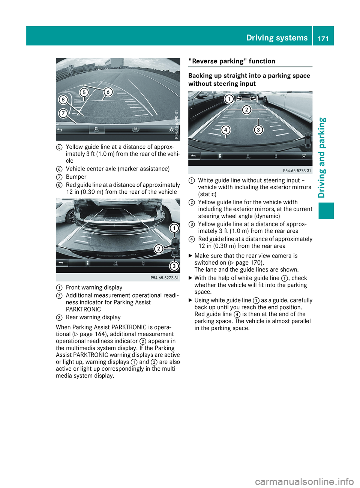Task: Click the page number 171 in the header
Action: tap(323, 38)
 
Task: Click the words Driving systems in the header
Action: tap(277, 38)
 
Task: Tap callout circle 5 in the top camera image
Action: tap(84, 93)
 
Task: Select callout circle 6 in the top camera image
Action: tap(108, 92)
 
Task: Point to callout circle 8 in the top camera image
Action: tap(63, 100)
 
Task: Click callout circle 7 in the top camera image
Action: tap(63, 113)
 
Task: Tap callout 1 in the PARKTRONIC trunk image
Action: tap(174, 228)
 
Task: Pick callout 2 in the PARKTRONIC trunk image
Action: tap(159, 248)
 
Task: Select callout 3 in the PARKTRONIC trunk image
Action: tap(174, 266)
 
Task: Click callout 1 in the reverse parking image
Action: tap(229, 99)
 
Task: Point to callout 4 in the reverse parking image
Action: tap(225, 130)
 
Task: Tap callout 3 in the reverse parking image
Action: tap(258, 130)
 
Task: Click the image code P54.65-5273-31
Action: tap(297, 171)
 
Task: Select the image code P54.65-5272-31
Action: tap(165, 278)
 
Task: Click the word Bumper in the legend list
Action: tap(76, 177)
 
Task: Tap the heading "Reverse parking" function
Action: tap(232, 61)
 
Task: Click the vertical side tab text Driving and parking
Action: tap(322, 157)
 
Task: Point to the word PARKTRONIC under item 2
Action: tap(83, 310)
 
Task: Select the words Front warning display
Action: tap(94, 287)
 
